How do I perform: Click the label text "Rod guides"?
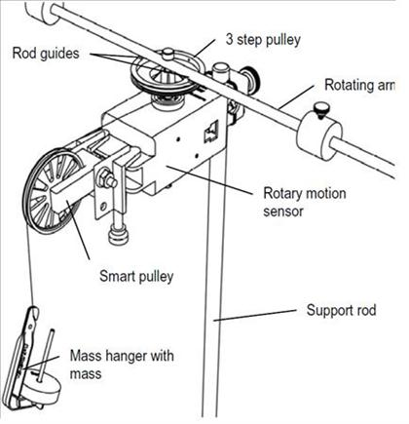[47, 54]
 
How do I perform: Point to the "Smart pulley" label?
[136, 276]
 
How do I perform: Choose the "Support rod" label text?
[342, 312]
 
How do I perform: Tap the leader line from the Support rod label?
[263, 315]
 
